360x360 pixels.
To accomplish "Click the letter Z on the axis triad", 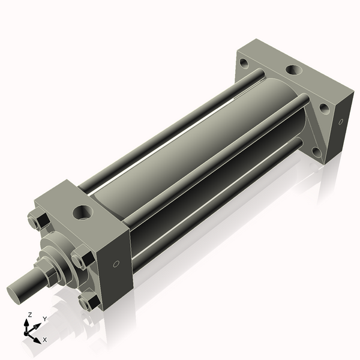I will [29, 314].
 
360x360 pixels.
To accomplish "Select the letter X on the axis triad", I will [44, 340].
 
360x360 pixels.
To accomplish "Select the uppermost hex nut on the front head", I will [37, 221].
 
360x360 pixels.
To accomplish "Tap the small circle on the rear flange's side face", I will [341, 122].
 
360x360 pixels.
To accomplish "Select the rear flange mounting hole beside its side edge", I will [324, 109].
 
